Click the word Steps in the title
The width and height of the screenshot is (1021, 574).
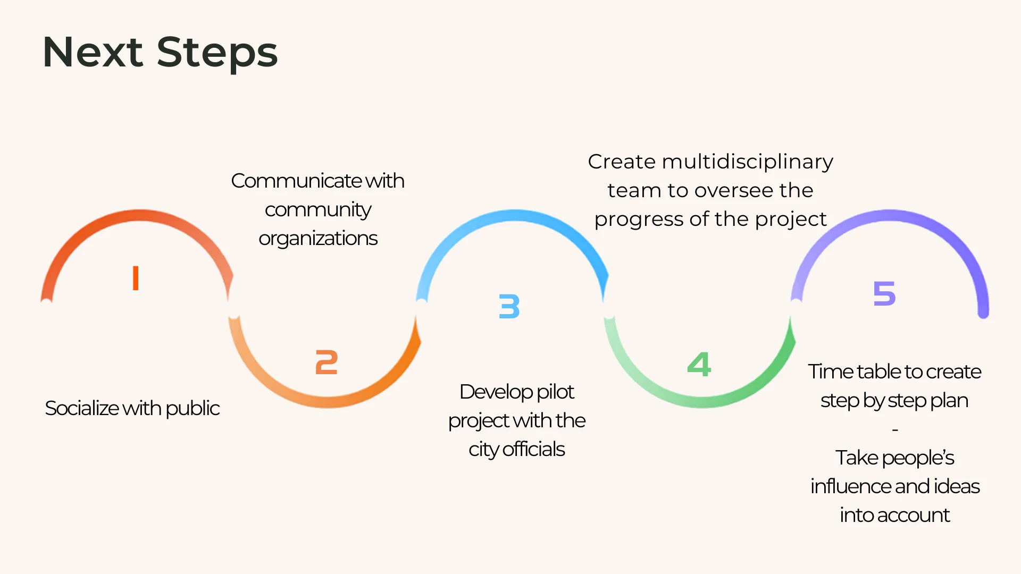point(217,53)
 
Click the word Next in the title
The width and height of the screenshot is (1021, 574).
point(93,52)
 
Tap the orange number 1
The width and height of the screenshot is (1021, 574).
point(136,278)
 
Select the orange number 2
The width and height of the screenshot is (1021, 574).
point(327,362)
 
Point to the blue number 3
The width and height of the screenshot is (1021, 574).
point(509,307)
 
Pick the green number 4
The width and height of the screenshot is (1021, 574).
point(699,364)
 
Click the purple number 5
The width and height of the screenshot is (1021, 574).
point(884,293)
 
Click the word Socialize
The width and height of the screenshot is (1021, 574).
point(82,408)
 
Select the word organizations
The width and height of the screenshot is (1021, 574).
point(318,239)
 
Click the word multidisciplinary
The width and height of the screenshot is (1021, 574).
point(747,162)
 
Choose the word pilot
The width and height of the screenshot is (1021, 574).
point(555,392)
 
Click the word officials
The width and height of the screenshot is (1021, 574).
point(533,450)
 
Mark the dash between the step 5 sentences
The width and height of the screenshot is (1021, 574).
point(895,429)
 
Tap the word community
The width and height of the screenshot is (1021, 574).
point(318,210)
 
